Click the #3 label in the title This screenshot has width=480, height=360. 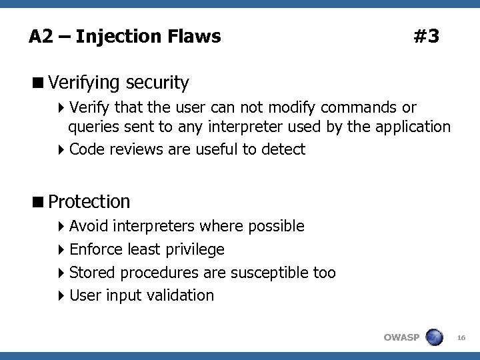coord(426,37)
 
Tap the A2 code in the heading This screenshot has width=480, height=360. coord(39,37)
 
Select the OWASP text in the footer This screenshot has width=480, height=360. coord(401,337)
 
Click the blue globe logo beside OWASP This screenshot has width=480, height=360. coord(434,337)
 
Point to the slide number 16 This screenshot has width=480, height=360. coord(461,339)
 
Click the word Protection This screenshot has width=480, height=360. coord(89,201)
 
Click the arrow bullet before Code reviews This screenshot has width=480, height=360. coord(61,149)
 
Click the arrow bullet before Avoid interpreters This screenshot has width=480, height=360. coord(61,227)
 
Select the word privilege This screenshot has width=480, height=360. coord(197,250)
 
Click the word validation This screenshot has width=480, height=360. coord(183,295)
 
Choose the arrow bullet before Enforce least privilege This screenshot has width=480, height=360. coord(61,250)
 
